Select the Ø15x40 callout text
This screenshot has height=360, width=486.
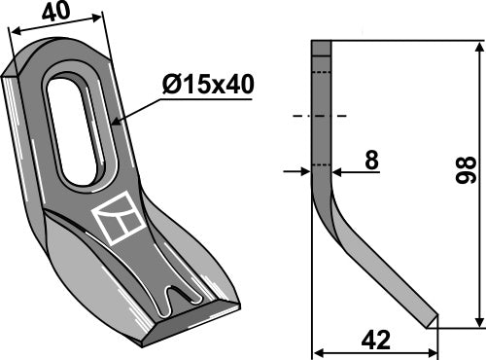click(208, 85)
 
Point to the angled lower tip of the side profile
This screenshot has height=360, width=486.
click(428, 320)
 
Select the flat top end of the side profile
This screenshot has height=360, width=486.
click(322, 41)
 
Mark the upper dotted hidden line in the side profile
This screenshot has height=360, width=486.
click(322, 73)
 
